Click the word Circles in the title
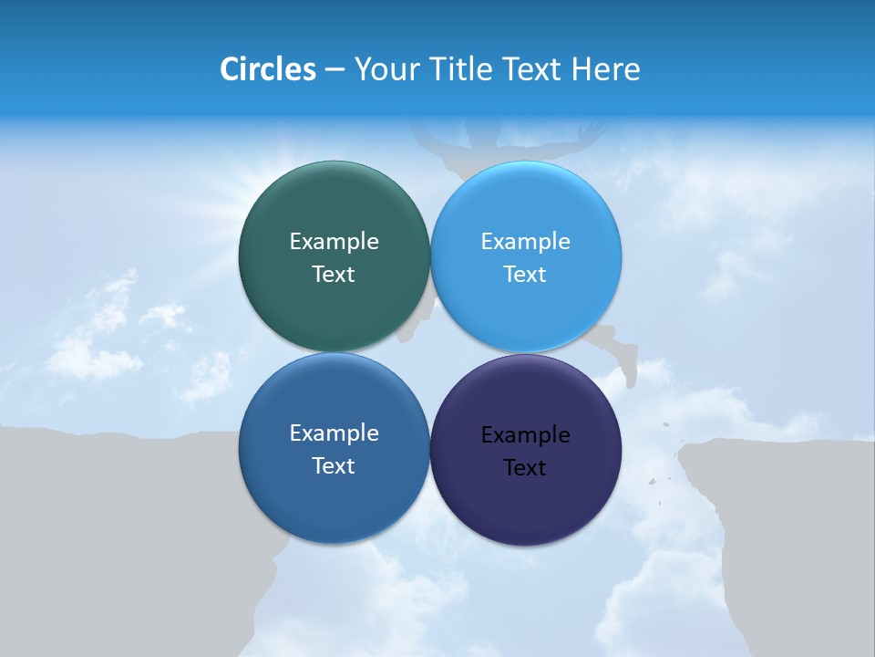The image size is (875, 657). (x=267, y=69)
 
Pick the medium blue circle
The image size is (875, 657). (x=334, y=497)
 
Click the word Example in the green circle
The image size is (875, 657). (x=334, y=241)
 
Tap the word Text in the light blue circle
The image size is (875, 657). (x=525, y=274)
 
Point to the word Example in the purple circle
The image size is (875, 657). (x=525, y=434)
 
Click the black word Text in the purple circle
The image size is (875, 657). (x=525, y=467)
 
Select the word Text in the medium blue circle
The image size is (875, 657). (x=334, y=465)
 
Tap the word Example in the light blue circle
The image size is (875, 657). (x=525, y=241)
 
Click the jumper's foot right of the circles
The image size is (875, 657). (x=628, y=370)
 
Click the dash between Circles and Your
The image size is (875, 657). (x=334, y=69)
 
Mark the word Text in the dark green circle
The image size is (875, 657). (x=334, y=274)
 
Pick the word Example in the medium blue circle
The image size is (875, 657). (x=334, y=433)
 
